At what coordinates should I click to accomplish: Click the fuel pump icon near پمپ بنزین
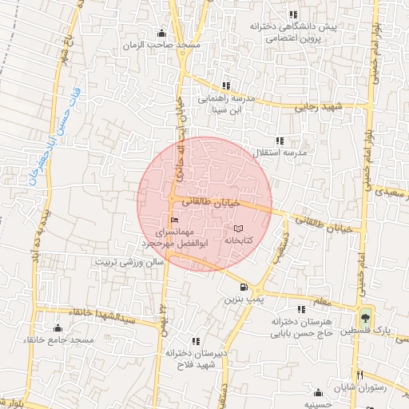(243, 288)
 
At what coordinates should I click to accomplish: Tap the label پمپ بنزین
(243, 300)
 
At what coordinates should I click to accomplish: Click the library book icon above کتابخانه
(237, 228)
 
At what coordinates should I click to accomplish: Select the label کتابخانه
(238, 240)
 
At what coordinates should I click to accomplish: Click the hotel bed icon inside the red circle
(175, 220)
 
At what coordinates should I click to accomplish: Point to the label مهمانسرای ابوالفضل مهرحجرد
(173, 236)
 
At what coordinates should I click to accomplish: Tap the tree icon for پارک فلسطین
(366, 316)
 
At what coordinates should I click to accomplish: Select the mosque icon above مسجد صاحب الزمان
(162, 33)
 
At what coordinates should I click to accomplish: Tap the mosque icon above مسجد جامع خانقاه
(57, 328)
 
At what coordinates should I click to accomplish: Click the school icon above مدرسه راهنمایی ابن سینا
(226, 85)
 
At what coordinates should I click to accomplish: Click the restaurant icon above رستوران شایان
(360, 375)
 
